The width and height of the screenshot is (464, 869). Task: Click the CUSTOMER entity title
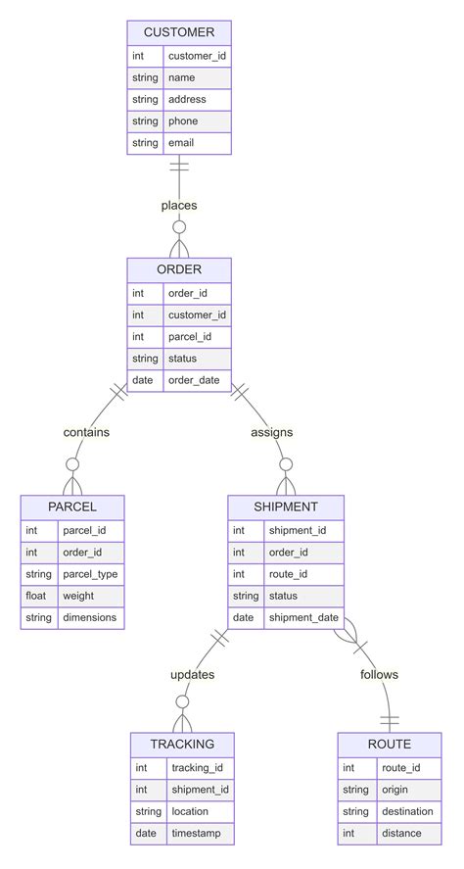pyautogui.click(x=179, y=32)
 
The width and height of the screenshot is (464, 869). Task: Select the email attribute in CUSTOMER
pyautogui.click(x=181, y=143)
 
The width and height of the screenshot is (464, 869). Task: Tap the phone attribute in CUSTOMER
pyautogui.click(x=183, y=121)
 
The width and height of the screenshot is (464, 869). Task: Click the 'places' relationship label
pyautogui.click(x=179, y=206)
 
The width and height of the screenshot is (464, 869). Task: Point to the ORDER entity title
pyautogui.click(x=179, y=269)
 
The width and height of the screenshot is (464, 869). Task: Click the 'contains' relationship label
pyautogui.click(x=86, y=432)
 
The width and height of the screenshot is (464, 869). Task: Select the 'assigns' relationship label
pyautogui.click(x=271, y=432)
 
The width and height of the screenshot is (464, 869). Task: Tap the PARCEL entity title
pyautogui.click(x=72, y=507)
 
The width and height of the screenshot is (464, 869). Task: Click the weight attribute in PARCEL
pyautogui.click(x=78, y=596)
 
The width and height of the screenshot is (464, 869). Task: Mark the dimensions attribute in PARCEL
pyautogui.click(x=89, y=617)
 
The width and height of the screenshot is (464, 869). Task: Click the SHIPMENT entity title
pyautogui.click(x=286, y=507)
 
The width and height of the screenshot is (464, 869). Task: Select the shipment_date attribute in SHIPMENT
pyautogui.click(x=302, y=617)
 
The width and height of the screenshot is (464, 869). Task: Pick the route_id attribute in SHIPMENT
pyautogui.click(x=289, y=574)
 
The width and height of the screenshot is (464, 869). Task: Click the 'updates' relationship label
pyautogui.click(x=192, y=674)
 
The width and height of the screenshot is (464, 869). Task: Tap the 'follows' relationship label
pyautogui.click(x=379, y=674)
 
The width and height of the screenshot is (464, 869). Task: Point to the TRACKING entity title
pyautogui.click(x=182, y=744)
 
